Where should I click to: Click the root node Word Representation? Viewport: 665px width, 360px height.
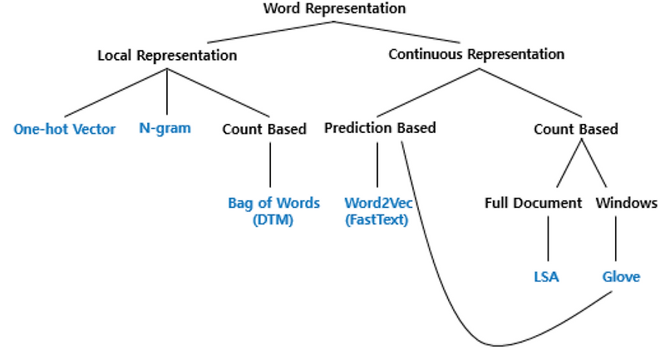333,9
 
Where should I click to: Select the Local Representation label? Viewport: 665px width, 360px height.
167,55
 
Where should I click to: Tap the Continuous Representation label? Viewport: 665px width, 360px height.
476,54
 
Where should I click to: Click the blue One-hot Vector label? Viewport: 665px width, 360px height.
65,129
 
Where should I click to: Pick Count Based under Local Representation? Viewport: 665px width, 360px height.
264,129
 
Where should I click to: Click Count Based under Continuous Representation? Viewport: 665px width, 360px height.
575,129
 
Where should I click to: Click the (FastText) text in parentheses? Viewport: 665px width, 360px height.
377,220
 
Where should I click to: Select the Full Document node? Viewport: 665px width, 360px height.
533,203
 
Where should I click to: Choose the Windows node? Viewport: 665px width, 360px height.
627,203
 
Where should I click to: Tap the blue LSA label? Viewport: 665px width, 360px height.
547,277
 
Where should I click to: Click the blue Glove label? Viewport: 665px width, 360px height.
622,277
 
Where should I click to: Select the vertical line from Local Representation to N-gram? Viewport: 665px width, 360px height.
169,91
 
